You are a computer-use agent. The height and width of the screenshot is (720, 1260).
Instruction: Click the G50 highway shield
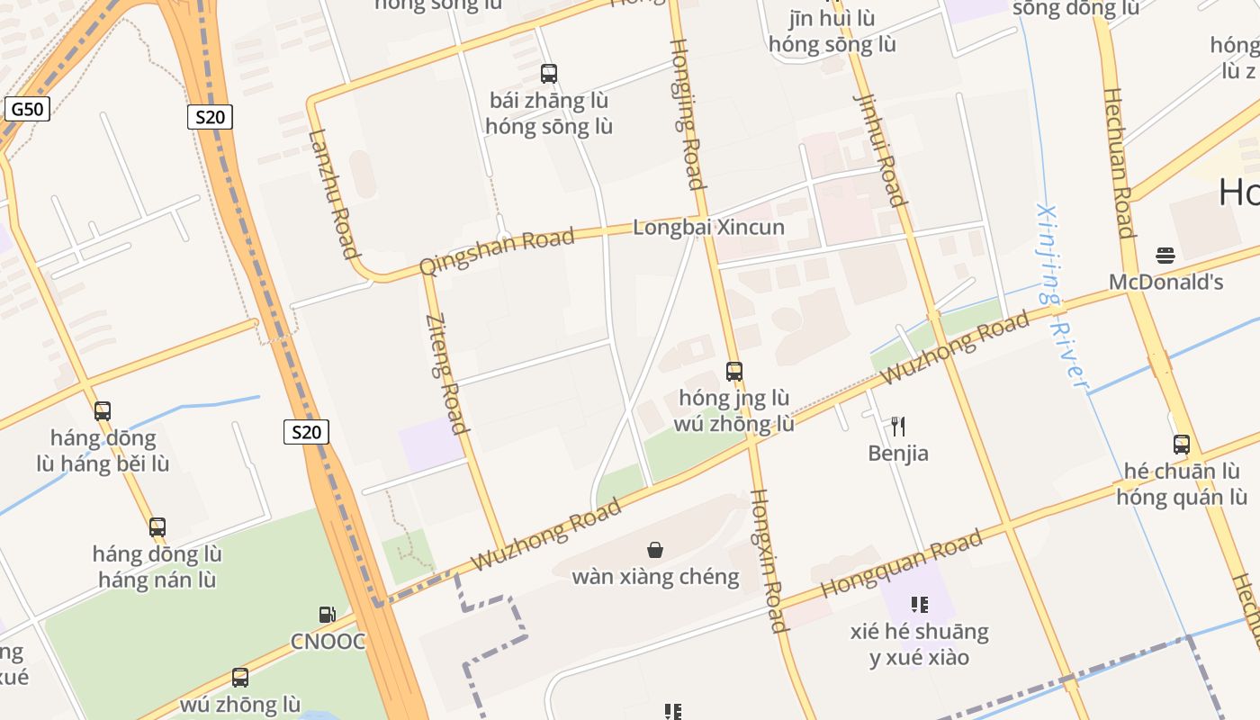coord(27,110)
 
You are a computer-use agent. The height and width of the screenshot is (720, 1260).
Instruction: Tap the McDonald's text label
coord(1165,282)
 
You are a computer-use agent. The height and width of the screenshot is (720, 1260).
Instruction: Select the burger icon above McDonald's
coord(1165,255)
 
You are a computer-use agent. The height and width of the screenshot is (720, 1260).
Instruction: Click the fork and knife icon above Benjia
coord(898,426)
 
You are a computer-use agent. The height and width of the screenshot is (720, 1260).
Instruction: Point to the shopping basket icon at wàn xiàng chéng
coord(655,549)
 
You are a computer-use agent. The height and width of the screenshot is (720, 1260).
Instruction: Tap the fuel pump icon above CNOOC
coord(328,615)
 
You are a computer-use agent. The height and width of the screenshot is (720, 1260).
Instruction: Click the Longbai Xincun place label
coord(708,227)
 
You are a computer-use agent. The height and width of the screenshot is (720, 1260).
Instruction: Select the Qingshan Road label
coord(497,251)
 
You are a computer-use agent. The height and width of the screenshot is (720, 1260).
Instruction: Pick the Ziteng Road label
coord(447,373)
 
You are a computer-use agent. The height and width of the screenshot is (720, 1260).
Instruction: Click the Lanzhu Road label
coord(334,193)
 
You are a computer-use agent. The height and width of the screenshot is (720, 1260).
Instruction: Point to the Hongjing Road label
coord(686,113)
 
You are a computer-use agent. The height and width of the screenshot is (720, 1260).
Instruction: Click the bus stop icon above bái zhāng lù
coord(548,74)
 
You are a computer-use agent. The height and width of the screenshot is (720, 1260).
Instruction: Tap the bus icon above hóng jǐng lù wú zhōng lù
coord(734,371)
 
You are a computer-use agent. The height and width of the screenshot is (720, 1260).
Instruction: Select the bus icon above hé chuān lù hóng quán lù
coord(1181,444)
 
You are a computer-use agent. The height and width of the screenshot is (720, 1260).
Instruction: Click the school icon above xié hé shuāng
coord(919,605)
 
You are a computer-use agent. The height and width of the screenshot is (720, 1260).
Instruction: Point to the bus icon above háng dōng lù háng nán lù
coord(157,526)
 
